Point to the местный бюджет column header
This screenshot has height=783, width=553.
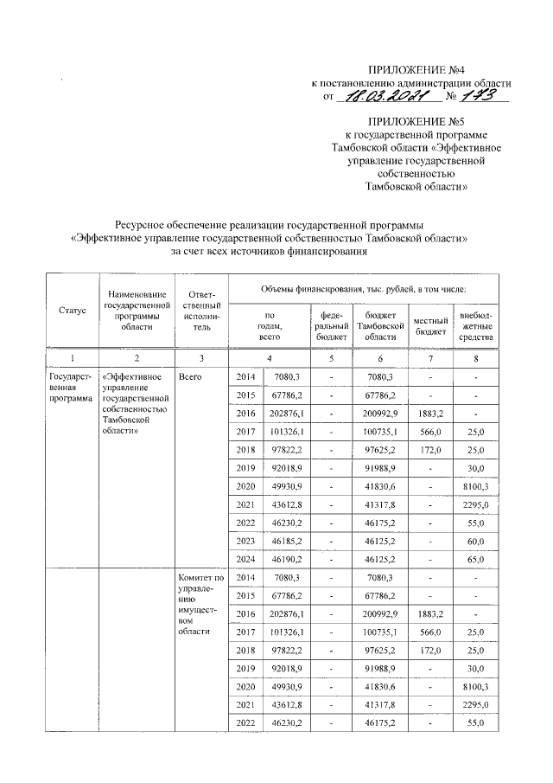click(431, 324)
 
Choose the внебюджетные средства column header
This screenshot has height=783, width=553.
click(476, 324)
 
